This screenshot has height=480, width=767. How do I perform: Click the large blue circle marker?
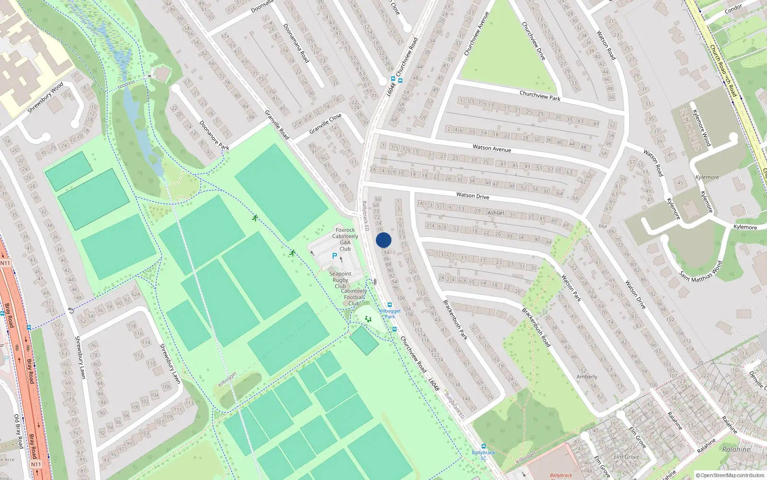pyautogui.click(x=383, y=240)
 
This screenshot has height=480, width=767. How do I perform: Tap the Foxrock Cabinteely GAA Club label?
pyautogui.click(x=345, y=239)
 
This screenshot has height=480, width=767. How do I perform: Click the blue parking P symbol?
pyautogui.click(x=335, y=256)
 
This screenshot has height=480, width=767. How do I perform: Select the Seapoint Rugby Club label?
pyautogui.click(x=340, y=280)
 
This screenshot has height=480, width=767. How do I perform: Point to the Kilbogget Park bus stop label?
pyautogui.click(x=390, y=313)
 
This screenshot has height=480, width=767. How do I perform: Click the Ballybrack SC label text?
pyautogui.click(x=483, y=455)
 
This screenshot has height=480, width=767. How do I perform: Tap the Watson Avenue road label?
pyautogui.click(x=491, y=148)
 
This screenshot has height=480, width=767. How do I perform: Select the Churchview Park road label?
pyautogui.click(x=540, y=96)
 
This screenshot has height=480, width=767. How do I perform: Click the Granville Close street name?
pyautogui.click(x=325, y=124)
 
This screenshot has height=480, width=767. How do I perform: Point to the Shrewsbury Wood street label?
pyautogui.click(x=45, y=98)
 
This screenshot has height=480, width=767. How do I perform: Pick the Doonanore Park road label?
pyautogui.click(x=214, y=135)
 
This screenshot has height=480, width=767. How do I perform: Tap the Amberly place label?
pyautogui.click(x=587, y=377)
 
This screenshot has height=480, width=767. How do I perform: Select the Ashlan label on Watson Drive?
pyautogui.click(x=496, y=213)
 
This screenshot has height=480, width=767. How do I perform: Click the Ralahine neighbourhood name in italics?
pyautogui.click(x=736, y=449)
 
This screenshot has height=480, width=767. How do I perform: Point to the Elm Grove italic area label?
pyautogui.click(x=626, y=457)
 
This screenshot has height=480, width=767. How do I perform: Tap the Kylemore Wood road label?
pyautogui.click(x=701, y=128)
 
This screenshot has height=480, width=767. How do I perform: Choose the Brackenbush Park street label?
pyautogui.click(x=455, y=320)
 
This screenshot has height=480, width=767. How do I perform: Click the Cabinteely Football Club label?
pyautogui.click(x=354, y=297)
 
